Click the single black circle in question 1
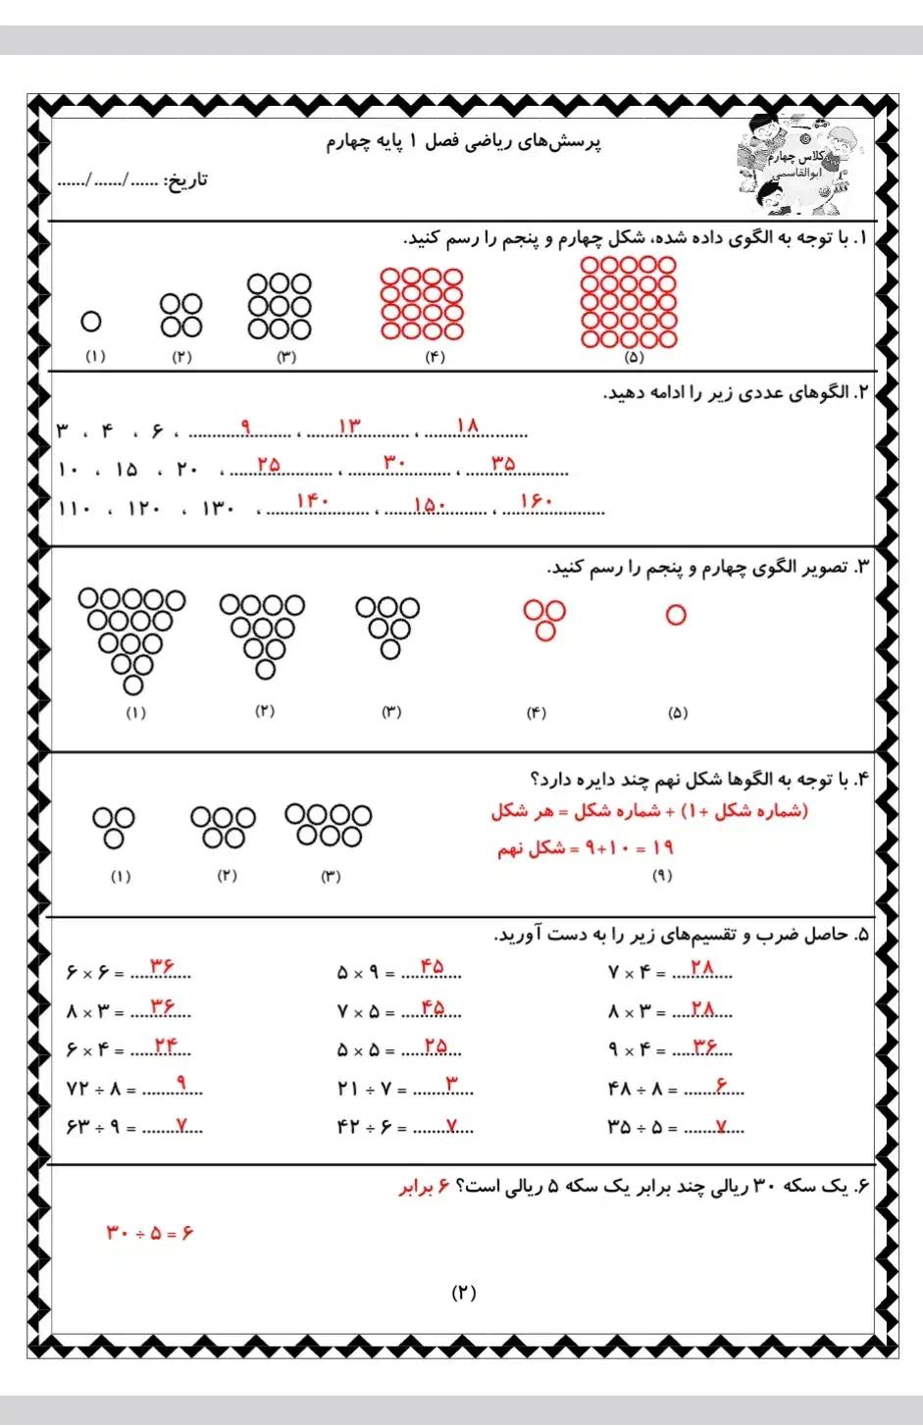pos(91,321)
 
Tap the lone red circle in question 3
pos(676,615)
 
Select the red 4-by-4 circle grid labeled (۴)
pos(422,303)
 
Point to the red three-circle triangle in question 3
pos(544,620)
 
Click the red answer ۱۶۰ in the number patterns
pos(537,501)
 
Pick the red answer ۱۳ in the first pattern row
pos(349,425)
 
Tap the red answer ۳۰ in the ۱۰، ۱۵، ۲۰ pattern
pos(394,462)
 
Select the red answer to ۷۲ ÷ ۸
pos(181,1083)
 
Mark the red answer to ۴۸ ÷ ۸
pos(722,1085)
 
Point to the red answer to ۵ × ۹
pos(432,967)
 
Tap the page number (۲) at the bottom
pos(463,1293)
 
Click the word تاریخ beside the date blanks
pos(185,180)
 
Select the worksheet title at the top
pos(463,142)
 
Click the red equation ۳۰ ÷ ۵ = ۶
pos(150,1232)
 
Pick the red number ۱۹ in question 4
pos(662,847)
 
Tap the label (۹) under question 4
pos(662,875)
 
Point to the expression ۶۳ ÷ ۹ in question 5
pos(93,1127)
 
